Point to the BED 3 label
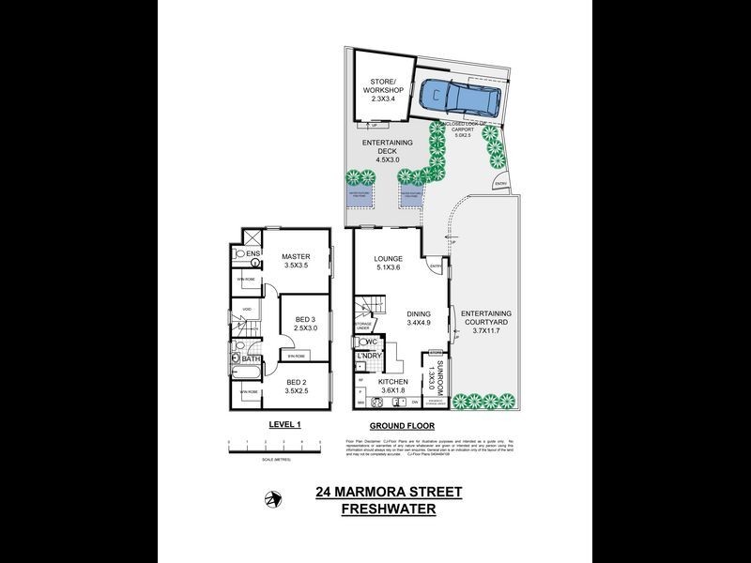click(301, 322)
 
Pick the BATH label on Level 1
click(251, 358)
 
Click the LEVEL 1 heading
click(284, 424)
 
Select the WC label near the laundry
click(372, 341)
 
